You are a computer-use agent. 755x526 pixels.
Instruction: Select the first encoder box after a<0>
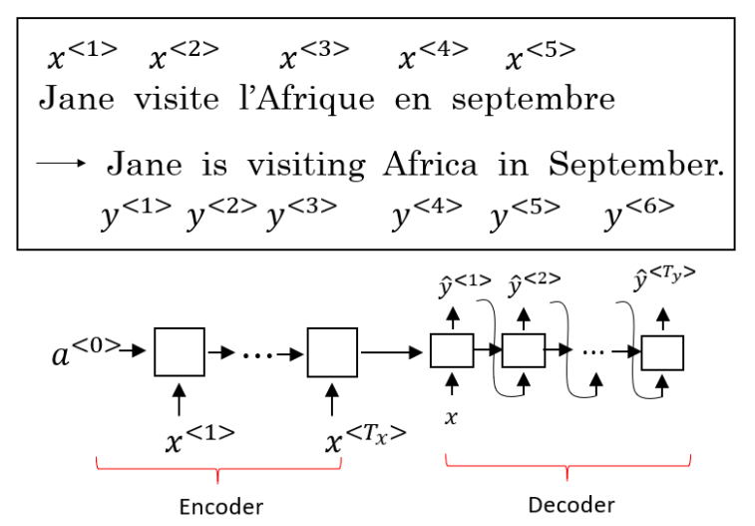tap(180, 351)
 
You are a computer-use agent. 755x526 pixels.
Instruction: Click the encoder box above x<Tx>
tap(332, 351)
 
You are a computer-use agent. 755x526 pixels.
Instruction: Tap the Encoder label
tap(220, 506)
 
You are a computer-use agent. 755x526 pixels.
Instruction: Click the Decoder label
tap(568, 504)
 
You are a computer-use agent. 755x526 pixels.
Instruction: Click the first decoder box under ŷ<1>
tap(452, 351)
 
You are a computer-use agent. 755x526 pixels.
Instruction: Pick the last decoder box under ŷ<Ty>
tap(663, 353)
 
